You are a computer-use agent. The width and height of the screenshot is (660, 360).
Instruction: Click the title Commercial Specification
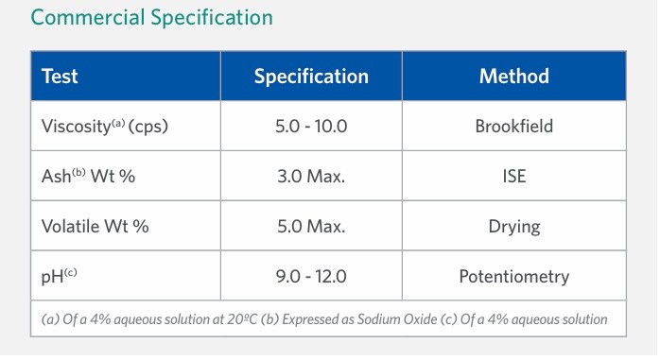click(x=152, y=18)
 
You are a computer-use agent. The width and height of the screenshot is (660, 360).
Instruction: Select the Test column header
click(x=59, y=77)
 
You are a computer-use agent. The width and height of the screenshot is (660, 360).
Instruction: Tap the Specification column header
click(x=311, y=77)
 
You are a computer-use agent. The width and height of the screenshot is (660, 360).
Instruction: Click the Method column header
click(x=513, y=77)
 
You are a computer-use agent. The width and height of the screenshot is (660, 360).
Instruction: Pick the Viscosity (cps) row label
click(x=98, y=126)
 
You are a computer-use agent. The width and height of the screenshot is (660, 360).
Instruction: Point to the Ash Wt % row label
click(x=81, y=176)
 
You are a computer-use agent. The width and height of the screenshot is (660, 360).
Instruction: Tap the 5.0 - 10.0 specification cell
click(x=311, y=126)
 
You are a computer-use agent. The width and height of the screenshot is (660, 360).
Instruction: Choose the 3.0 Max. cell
click(x=311, y=176)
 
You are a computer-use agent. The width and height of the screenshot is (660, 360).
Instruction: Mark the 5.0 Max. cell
click(x=311, y=226)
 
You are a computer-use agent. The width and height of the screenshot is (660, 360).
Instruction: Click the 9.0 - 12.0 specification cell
click(x=311, y=276)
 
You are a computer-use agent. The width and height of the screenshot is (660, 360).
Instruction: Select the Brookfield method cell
click(x=513, y=126)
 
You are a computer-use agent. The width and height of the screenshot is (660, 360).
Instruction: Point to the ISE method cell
click(x=513, y=176)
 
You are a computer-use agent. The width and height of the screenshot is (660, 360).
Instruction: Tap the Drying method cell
click(x=513, y=226)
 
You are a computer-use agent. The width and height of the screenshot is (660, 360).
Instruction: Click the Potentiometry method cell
click(x=513, y=276)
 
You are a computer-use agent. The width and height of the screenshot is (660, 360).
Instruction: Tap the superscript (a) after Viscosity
click(x=116, y=121)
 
